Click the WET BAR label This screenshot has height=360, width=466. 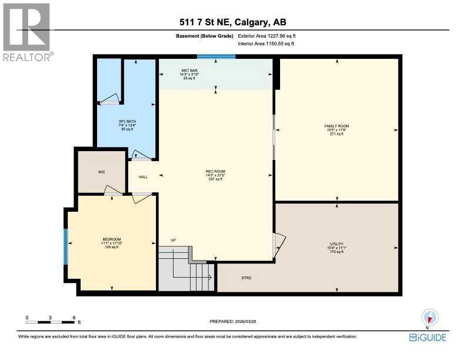pos(189,71)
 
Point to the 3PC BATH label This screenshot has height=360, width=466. pos(127,122)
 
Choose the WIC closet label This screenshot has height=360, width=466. pos(101,172)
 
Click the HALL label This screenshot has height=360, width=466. pos(143,176)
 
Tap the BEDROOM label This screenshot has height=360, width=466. pos(111,239)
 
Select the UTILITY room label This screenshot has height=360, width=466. pos(337,244)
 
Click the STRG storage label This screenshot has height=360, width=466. pos(247,277)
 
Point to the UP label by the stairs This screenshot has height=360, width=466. pos(172,240)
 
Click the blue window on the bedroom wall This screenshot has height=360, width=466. pos(66,246)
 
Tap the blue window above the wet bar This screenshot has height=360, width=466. pos(216,57)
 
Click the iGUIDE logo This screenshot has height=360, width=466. pos(428,338)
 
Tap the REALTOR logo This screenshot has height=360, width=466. pos(27,32)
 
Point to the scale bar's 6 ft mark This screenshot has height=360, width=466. pos(74,318)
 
